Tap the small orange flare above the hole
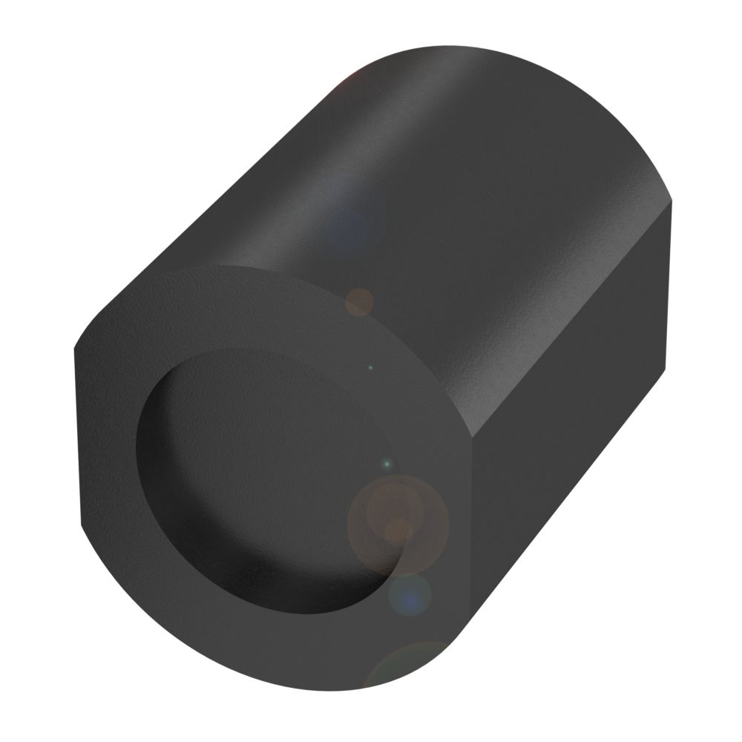click(x=361, y=302)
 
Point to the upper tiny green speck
click(x=372, y=367)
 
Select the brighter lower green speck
click(x=385, y=464)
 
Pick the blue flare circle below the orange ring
click(x=410, y=594)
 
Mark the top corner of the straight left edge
click(x=76, y=349)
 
